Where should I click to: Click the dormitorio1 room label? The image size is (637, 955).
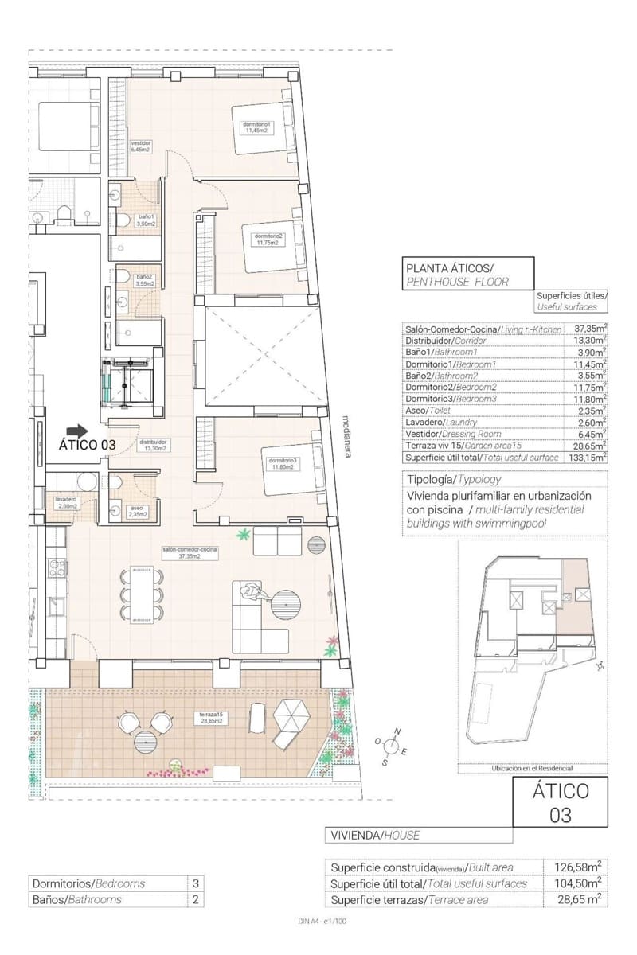[x=257, y=127]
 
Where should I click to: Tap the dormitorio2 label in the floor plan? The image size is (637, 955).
[x=268, y=239]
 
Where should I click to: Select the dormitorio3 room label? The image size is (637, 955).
[x=282, y=464]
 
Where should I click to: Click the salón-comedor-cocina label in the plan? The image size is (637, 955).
[x=189, y=552]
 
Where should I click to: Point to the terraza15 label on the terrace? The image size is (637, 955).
[x=210, y=719]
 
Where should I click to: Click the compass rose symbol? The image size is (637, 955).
[x=391, y=745]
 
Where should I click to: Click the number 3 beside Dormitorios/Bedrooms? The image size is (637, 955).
[x=195, y=883]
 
